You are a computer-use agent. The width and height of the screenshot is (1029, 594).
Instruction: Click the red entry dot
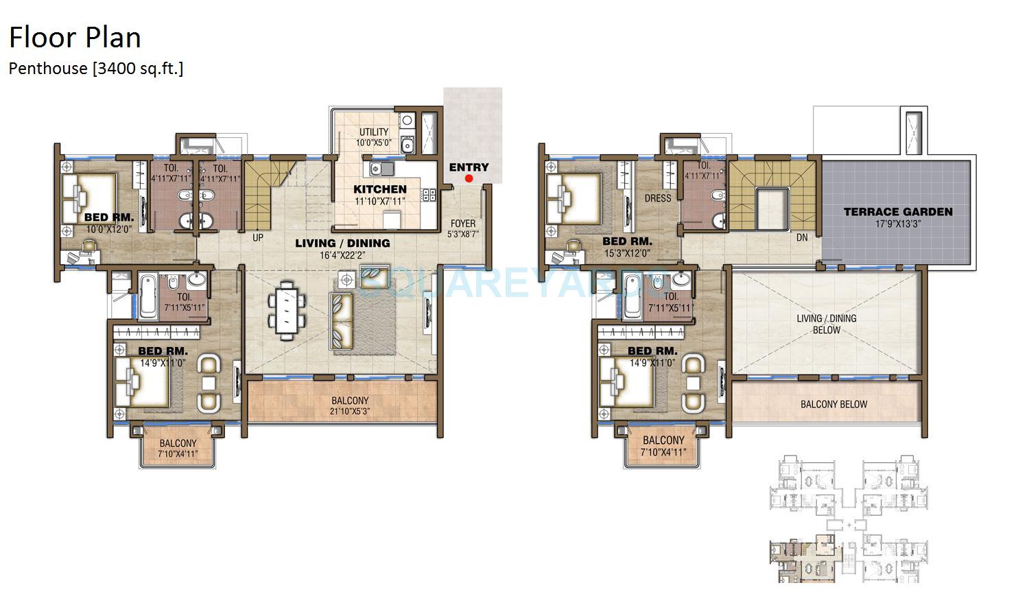[469, 178]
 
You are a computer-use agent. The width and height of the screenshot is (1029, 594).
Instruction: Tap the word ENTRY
[469, 167]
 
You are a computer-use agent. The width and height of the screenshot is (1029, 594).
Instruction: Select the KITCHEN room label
[380, 189]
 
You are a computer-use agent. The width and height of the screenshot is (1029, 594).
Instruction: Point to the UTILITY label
[374, 132]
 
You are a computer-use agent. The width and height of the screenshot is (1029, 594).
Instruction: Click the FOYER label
[463, 224]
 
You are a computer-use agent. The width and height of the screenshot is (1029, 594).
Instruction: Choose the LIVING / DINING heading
[342, 243]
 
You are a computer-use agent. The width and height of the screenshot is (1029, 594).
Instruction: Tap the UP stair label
[258, 238]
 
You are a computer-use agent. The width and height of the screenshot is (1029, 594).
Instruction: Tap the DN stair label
[802, 238]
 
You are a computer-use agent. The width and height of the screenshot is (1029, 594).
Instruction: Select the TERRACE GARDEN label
[898, 212]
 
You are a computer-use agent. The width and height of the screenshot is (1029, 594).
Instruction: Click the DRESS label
[658, 198]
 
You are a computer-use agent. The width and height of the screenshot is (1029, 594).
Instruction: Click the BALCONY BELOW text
[833, 404]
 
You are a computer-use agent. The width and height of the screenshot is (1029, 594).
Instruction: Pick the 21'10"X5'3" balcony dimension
[350, 412]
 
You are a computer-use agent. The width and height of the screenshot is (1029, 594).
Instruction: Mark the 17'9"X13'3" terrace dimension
[898, 223]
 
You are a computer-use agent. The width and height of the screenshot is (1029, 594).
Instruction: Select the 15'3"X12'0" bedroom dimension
[627, 252]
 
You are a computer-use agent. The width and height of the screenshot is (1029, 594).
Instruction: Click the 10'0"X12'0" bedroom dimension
[108, 228]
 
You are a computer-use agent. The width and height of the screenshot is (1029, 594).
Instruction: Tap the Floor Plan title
[75, 37]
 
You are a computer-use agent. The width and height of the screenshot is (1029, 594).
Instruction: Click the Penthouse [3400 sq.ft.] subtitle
[96, 68]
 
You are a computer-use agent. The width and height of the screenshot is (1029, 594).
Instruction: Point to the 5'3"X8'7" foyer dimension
[463, 234]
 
